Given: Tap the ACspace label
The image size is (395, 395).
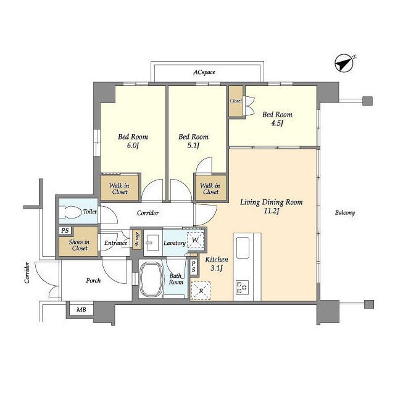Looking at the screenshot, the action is tap(204, 72).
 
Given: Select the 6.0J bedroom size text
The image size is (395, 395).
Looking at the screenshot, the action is tap(133, 146).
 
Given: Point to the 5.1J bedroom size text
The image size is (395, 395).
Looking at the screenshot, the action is tap(193, 146).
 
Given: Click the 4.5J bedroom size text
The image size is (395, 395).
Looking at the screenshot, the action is tap(277, 123).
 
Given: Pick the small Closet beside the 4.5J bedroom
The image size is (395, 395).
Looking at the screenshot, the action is tap(236, 101).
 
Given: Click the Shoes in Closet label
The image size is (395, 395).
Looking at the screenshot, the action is tap(79, 245).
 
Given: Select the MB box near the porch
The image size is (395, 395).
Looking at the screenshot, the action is tap(81, 310).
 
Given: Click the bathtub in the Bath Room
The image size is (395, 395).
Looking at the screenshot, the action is tap(151, 280).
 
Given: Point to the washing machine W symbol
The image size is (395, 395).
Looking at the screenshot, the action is tap(196, 240).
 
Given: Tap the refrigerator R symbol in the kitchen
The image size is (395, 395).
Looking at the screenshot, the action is tap(201, 291).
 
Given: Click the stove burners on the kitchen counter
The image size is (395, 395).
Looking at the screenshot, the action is tap(242, 287).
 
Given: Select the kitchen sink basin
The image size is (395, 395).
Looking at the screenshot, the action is tap(243, 248).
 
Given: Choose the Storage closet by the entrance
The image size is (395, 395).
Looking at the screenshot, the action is tap(137, 239).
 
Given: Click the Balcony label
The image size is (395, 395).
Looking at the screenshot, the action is tap(345, 213).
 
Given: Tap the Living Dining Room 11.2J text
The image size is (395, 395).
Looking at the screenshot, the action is tap(272, 207).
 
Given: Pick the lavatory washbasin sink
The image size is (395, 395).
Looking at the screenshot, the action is tap(152, 243).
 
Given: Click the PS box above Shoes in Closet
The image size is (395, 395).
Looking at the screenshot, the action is tap(65, 230).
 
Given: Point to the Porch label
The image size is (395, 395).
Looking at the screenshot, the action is tap(93, 280).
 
